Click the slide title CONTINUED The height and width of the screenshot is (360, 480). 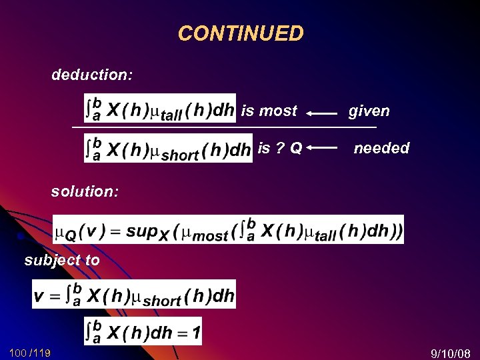pyautogui.click(x=241, y=33)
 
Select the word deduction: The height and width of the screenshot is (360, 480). pyautogui.click(x=91, y=75)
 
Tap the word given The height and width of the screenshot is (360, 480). pyautogui.click(x=369, y=111)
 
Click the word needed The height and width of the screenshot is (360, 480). pyautogui.click(x=381, y=148)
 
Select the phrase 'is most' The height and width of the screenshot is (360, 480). pyautogui.click(x=269, y=111)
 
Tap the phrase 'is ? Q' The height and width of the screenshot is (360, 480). pyautogui.click(x=280, y=147)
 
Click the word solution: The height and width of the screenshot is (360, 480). pyautogui.click(x=85, y=191)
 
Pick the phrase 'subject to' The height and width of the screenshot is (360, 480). pyautogui.click(x=62, y=260)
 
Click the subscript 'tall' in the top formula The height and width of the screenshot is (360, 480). pyautogui.click(x=171, y=115)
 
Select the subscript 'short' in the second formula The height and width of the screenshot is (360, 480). pyautogui.click(x=179, y=155)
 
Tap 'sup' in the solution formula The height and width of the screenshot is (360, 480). pyautogui.click(x=141, y=231)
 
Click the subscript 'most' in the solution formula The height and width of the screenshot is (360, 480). pyautogui.click(x=210, y=236)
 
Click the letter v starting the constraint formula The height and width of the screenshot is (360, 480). pyautogui.click(x=40, y=296)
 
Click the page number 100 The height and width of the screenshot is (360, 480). pyautogui.click(x=18, y=351)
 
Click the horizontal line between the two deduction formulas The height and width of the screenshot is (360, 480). pyautogui.click(x=224, y=127)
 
